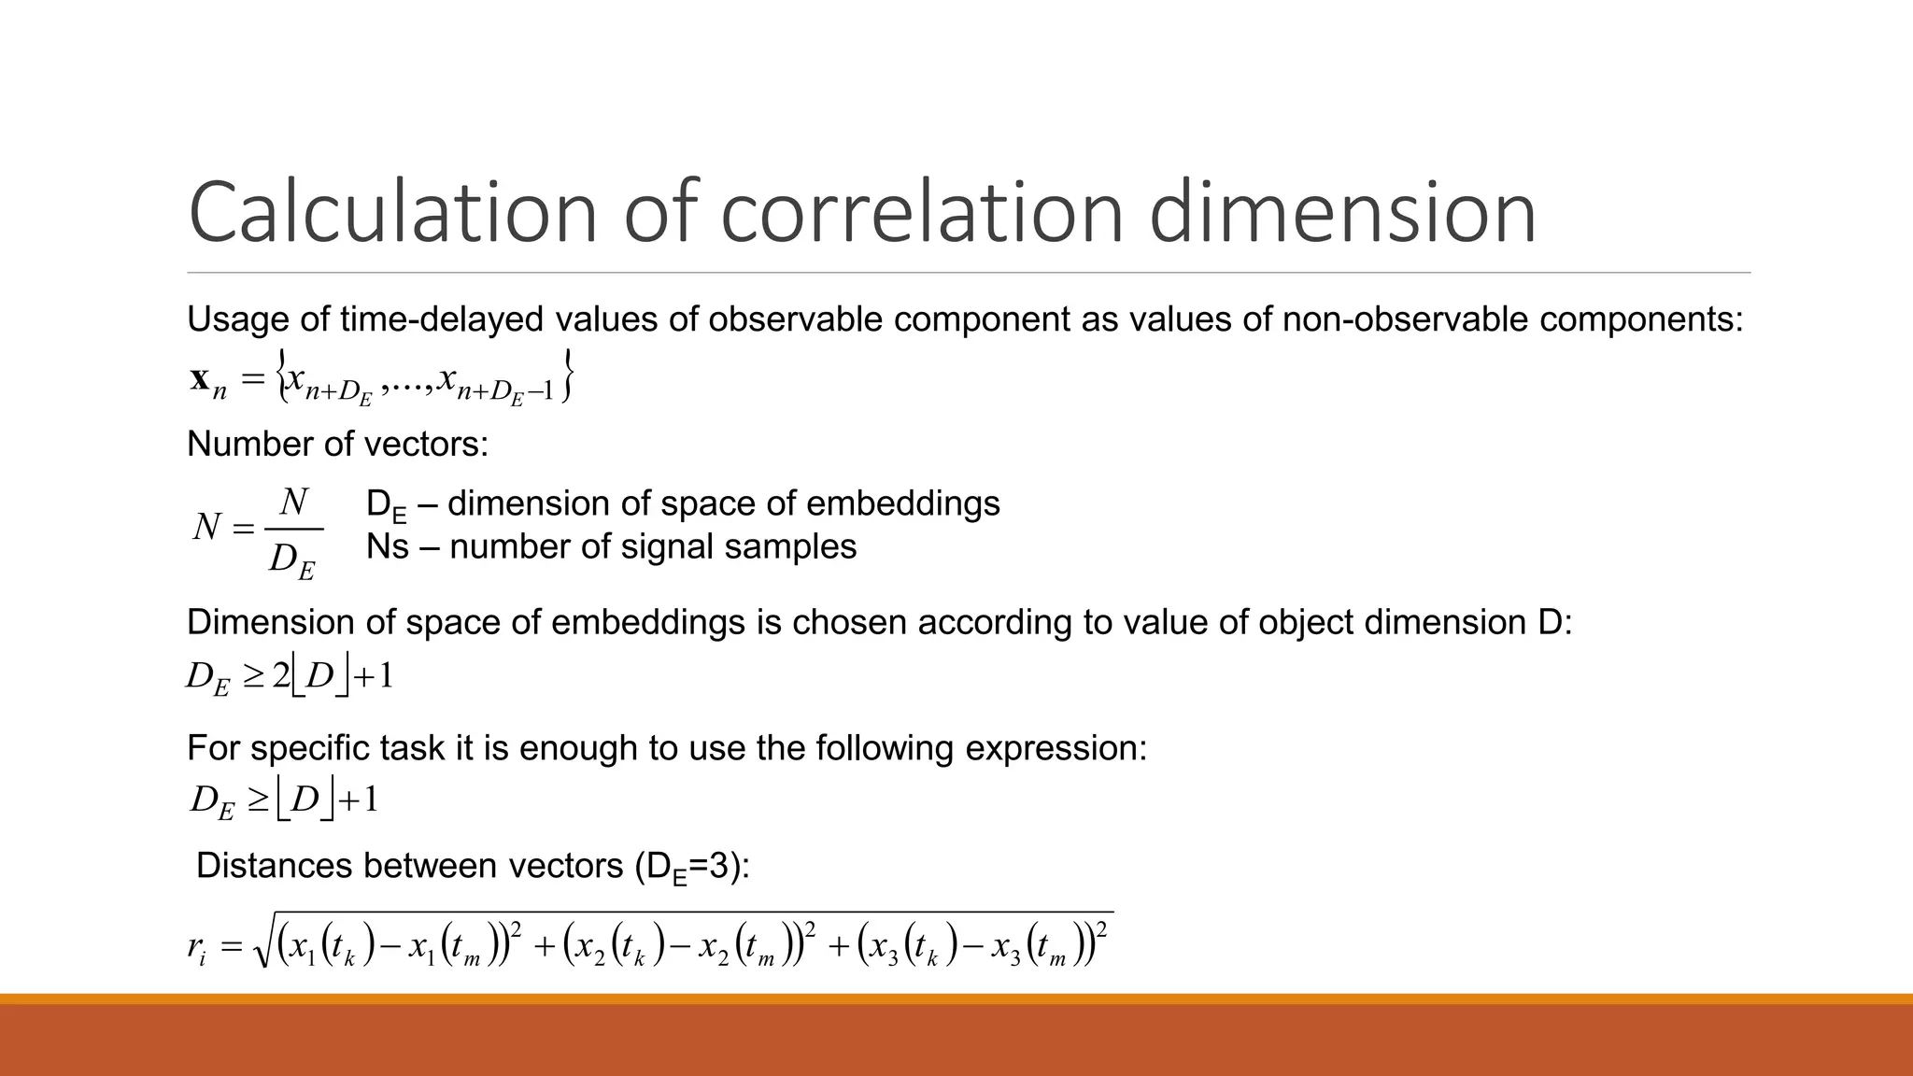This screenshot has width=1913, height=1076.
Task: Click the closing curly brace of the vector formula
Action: (x=566, y=376)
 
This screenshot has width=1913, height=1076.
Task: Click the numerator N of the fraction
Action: (x=294, y=503)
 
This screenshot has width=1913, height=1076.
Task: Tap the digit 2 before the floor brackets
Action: (x=280, y=675)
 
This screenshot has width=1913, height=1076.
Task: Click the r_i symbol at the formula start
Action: (x=196, y=948)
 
